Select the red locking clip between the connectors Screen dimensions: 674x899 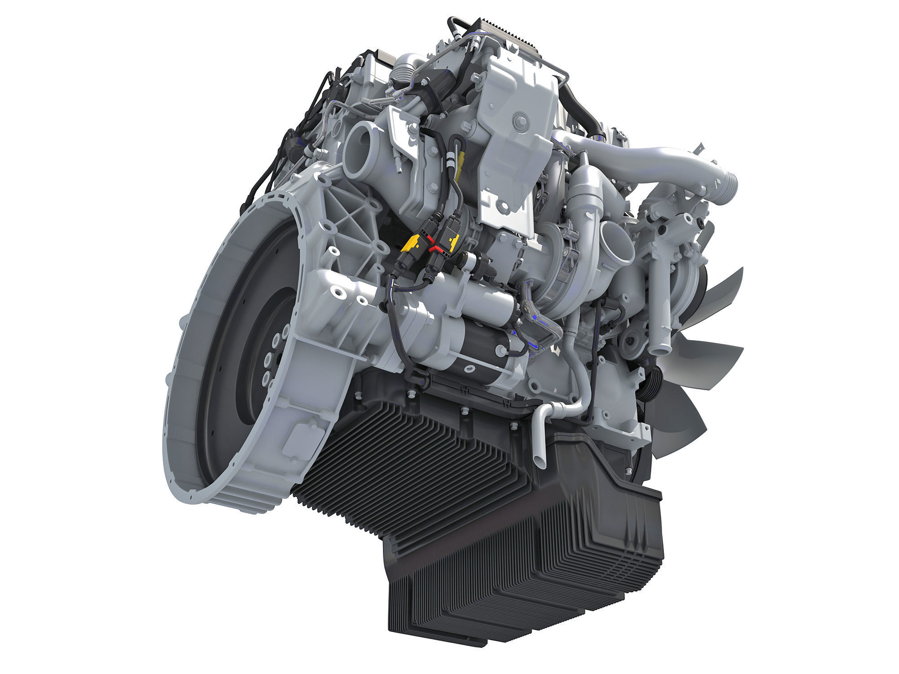tap(434, 247)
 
